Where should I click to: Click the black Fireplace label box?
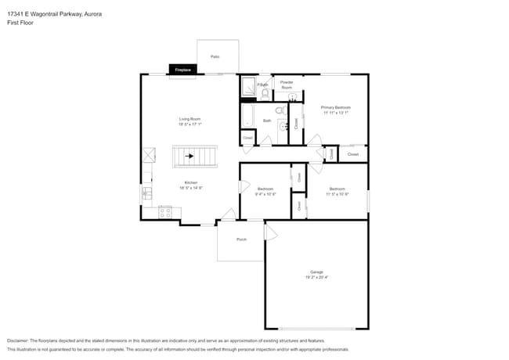pos(182,70)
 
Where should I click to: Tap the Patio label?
pos(215,56)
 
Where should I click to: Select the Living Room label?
pos(190,119)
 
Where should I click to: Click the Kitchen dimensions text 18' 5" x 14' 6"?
pos(190,188)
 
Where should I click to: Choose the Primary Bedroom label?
pos(335,107)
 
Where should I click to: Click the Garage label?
pos(316,272)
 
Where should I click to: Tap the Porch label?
pos(241,239)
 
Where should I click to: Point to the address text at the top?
pos(54,14)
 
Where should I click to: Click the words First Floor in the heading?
pos(21,23)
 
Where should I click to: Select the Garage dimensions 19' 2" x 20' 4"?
pos(316,277)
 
